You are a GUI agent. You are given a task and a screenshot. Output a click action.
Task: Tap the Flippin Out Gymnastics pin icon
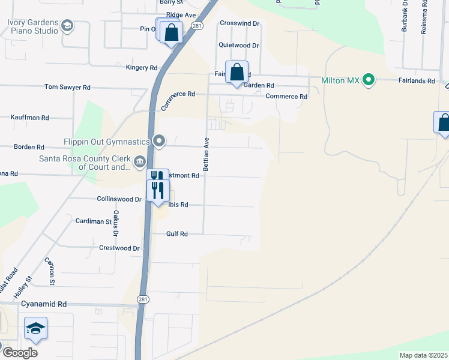point(159,141)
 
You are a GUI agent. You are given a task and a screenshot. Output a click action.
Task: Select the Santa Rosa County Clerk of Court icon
point(139,161)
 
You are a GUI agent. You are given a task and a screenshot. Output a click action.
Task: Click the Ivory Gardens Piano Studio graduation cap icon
point(67,26)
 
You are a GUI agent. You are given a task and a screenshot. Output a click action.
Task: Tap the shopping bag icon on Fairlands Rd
point(237,72)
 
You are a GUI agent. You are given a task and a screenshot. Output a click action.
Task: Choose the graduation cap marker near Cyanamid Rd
point(36,328)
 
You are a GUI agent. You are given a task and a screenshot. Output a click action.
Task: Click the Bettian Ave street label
point(206,155)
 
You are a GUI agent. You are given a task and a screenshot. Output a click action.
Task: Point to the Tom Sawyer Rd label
point(67,87)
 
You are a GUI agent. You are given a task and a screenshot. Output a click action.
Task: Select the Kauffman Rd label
point(30,118)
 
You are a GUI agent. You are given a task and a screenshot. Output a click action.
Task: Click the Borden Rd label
point(29,146)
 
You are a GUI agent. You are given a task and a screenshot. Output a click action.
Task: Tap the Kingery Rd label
point(141,68)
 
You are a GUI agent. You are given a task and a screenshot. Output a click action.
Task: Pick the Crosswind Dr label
point(239,23)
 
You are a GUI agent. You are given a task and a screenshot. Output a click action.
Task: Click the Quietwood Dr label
point(238,45)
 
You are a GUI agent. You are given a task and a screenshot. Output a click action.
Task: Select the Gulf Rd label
point(176,234)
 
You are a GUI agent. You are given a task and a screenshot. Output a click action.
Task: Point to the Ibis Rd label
point(178,205)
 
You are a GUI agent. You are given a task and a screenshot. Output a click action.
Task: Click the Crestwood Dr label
point(119,248)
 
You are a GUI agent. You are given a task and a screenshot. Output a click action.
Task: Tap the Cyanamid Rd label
point(44,304)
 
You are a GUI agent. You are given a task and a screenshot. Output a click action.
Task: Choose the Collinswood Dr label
point(118,199)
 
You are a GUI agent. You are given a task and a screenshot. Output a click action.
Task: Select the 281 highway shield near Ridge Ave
point(196,26)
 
